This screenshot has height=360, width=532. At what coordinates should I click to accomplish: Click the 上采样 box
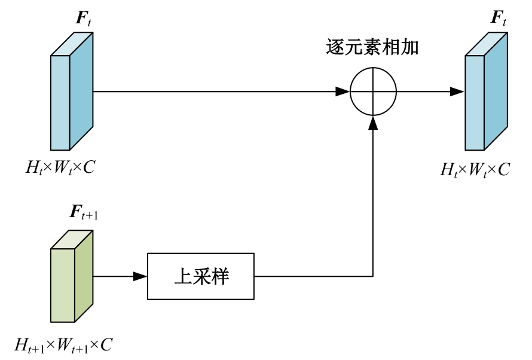click(200, 276)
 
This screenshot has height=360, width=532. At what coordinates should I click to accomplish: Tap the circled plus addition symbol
click(373, 91)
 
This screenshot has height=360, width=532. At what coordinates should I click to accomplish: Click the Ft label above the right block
click(499, 18)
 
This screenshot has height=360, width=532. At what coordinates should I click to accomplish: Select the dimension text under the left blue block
click(60, 167)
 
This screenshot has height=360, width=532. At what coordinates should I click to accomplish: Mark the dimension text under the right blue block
click(475, 169)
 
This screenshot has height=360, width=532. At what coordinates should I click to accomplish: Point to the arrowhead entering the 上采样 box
click(140, 276)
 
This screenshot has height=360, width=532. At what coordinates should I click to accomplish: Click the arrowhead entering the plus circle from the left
click(343, 91)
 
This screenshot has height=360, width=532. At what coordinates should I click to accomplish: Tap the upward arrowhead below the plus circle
click(373, 122)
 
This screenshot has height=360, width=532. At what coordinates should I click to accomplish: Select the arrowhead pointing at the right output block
click(457, 91)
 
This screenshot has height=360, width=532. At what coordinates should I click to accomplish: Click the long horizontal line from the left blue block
click(215, 91)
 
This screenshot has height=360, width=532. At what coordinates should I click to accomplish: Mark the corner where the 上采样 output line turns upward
click(373, 276)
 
